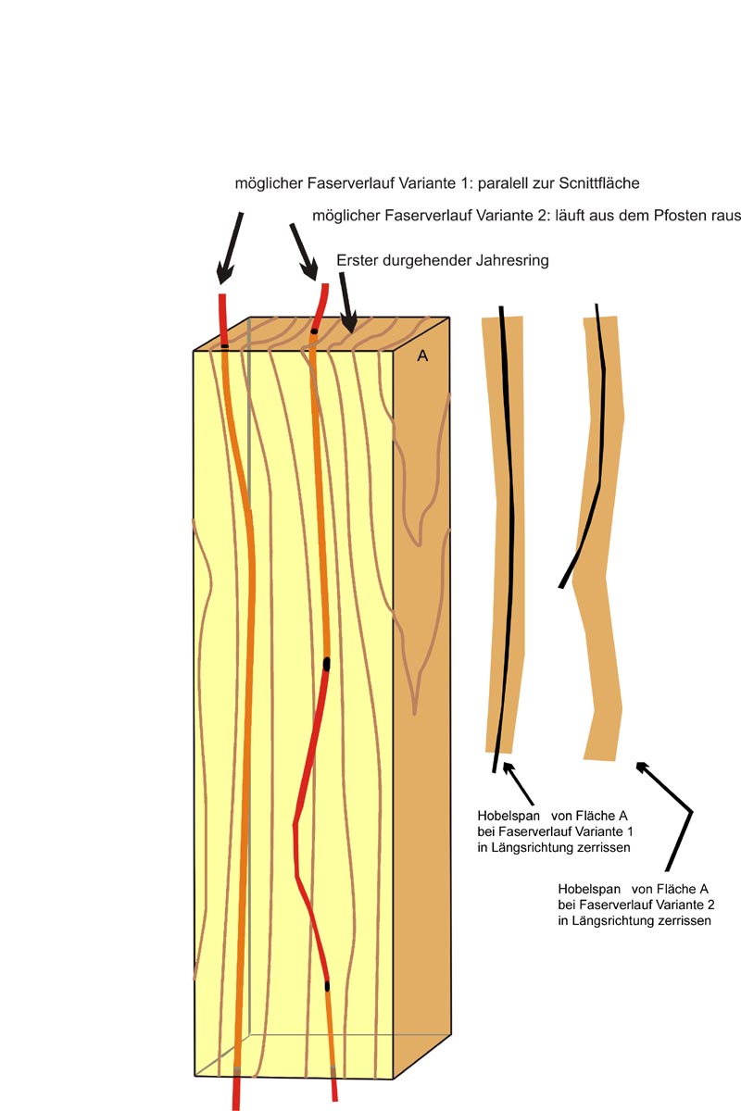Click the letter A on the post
pyautogui.click(x=422, y=356)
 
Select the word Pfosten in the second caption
pyautogui.click(x=680, y=216)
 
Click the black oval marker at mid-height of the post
pyautogui.click(x=327, y=664)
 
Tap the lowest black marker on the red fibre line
pyautogui.click(x=327, y=987)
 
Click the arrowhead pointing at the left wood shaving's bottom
pyautogui.click(x=508, y=768)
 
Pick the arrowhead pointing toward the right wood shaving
pyautogui.click(x=641, y=767)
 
